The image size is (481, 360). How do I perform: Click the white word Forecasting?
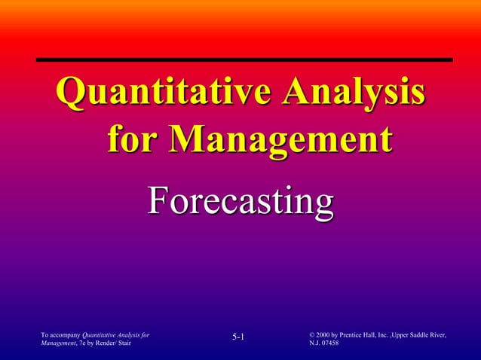(240, 202)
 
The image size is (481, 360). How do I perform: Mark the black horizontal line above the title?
(244, 59)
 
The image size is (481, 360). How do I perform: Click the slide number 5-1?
(239, 337)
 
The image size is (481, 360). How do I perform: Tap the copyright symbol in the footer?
(312, 334)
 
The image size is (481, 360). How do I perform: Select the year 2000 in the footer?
(326, 334)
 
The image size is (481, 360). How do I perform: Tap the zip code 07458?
(330, 343)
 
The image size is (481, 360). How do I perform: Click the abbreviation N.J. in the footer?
(315, 343)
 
